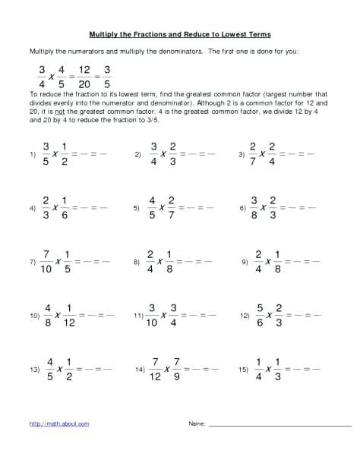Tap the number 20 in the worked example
84,84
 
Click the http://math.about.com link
59,423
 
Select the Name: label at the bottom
197,423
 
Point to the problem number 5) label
137,207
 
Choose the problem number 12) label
245,314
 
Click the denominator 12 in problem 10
69,322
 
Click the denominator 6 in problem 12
261,322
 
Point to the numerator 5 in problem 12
261,307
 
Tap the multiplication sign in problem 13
58,370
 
